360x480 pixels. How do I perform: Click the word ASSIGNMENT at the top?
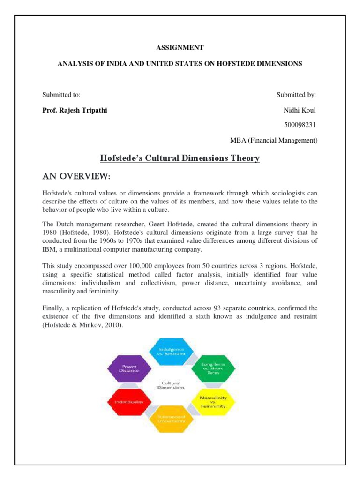(x=180, y=47)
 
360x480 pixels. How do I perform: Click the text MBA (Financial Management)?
(x=274, y=140)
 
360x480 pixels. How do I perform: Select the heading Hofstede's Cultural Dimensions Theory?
(x=180, y=158)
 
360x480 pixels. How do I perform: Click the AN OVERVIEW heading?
(x=75, y=176)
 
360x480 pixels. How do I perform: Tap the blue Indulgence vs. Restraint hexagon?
(x=171, y=352)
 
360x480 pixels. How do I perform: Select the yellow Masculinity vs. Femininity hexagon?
(x=213, y=402)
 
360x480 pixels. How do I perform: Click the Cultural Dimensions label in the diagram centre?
(x=171, y=385)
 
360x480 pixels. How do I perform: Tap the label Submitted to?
(x=61, y=95)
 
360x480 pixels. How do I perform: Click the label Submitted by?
(x=296, y=95)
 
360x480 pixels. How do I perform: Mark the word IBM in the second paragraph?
(x=49, y=249)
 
